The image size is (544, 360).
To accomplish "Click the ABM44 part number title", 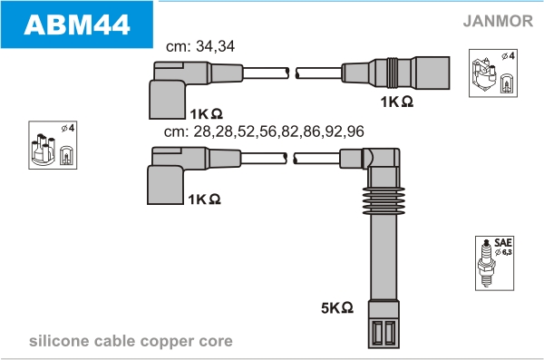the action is coord(77,24).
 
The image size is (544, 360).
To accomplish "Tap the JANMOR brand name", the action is coord(498,21).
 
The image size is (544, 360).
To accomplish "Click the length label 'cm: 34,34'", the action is coord(200,46).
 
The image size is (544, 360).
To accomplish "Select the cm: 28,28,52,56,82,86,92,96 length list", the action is coord(264,131).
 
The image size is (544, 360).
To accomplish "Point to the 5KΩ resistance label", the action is coord(337,307).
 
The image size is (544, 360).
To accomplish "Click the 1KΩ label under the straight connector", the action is coord(397,102).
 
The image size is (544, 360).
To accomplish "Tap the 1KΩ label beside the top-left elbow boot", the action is coord(206,114).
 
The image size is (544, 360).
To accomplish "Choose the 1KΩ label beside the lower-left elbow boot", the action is coord(204,199).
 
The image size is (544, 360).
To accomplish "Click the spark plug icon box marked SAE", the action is coord(494,263).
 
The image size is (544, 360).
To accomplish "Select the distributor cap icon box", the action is coord(53,145).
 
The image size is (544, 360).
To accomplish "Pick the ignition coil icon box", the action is coord(493,73).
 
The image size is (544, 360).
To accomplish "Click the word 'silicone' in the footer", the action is coord(59,341).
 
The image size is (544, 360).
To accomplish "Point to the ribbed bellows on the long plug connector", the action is coord(384,201).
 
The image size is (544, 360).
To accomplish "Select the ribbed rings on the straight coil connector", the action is coord(393,73).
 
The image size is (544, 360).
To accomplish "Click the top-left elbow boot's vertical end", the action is coord(167,100).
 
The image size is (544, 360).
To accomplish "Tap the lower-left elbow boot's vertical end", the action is coord(166,185).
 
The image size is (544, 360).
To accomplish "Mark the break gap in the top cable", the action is coord(292,73).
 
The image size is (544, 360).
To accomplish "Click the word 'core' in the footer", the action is coord(216,342).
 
